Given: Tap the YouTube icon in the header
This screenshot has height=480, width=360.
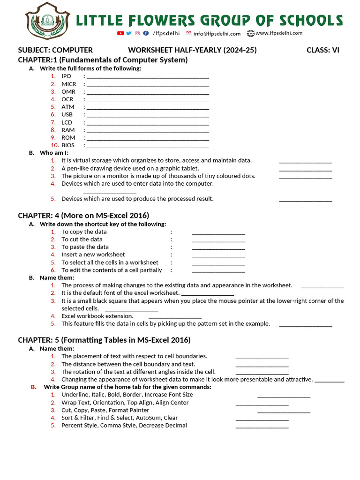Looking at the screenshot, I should [120, 33].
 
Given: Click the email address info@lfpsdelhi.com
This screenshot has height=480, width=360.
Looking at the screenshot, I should [217, 33].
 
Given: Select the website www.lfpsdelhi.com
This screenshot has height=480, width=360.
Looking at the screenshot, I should [279, 33].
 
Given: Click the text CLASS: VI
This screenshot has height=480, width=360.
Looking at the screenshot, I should [322, 50].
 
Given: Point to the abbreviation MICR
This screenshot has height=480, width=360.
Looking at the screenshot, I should [68, 84].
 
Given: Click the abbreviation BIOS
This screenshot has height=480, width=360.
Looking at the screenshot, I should [68, 145].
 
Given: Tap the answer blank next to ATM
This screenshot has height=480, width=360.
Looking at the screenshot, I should [148, 107].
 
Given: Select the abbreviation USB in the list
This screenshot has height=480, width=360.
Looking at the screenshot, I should [67, 114].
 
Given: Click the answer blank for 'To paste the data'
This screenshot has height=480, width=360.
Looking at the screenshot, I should [218, 247].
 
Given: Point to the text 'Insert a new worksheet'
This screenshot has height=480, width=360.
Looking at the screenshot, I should [93, 255].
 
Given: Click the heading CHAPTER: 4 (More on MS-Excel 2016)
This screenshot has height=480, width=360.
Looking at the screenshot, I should [83, 216].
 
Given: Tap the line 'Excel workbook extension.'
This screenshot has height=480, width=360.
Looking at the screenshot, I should [97, 316].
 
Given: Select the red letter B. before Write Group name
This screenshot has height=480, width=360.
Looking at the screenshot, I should [33, 387].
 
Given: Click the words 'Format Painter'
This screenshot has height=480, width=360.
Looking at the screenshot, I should [129, 410].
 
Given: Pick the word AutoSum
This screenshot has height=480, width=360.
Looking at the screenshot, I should [149, 418].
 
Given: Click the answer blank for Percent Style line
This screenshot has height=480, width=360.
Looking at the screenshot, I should [262, 426].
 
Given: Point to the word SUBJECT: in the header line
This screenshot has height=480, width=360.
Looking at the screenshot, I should [34, 50].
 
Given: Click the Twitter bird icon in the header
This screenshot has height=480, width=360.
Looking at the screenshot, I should [129, 33].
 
